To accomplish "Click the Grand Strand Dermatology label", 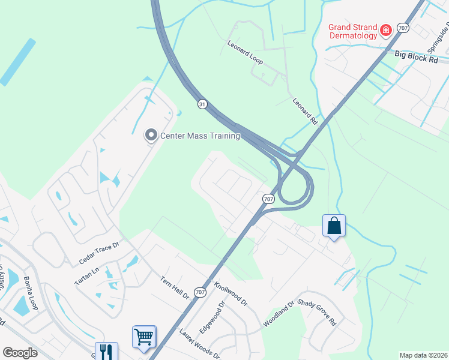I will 353,31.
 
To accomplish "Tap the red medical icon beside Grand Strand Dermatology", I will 386,29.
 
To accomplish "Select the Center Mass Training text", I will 200,136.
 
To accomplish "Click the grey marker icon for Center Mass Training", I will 151,136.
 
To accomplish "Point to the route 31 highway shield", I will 203,104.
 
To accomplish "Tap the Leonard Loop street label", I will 245,53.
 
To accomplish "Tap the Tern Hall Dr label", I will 175,287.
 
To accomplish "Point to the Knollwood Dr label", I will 231,294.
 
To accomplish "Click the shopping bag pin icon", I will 334,226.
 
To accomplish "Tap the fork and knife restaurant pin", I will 106,352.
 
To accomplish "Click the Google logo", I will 20,353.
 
